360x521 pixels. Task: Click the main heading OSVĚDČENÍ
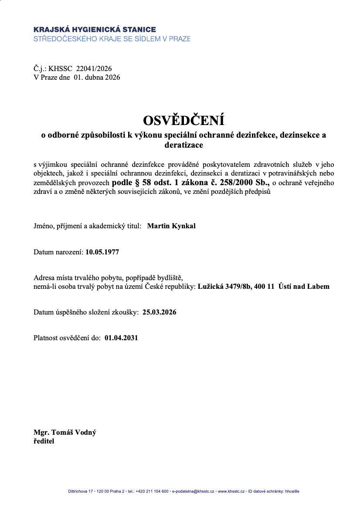click(183, 121)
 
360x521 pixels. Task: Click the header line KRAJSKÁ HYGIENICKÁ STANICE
click(95, 30)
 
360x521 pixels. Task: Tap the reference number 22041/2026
click(94, 68)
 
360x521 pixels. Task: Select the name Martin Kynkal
click(171, 226)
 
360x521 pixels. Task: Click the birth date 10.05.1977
click(102, 252)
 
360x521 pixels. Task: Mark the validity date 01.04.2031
click(121, 337)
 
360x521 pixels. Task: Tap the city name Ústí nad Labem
click(304, 287)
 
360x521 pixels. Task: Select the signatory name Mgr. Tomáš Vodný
click(65, 433)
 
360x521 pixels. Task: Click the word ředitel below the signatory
click(44, 441)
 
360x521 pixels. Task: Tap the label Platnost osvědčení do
click(67, 337)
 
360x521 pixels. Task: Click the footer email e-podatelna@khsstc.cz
click(193, 491)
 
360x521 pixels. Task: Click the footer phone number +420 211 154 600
click(152, 491)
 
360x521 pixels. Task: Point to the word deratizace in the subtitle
click(183, 144)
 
